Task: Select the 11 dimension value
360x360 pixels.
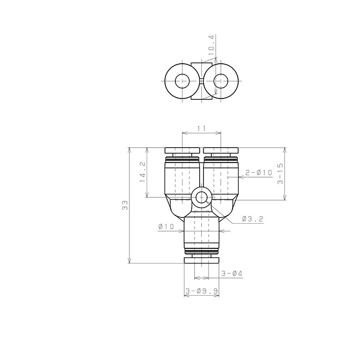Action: click(x=202, y=128)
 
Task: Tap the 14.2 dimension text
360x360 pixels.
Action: click(x=142, y=172)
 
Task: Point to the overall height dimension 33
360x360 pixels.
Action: click(x=125, y=205)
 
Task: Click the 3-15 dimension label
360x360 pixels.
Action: click(x=280, y=174)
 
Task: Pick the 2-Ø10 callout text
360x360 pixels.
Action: click(x=258, y=172)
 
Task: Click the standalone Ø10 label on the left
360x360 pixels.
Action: click(x=166, y=227)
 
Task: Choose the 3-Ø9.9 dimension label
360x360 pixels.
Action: click(x=202, y=291)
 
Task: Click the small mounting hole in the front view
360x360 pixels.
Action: click(x=202, y=197)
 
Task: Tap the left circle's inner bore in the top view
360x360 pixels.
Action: click(x=182, y=81)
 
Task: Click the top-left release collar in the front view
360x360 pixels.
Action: click(x=182, y=150)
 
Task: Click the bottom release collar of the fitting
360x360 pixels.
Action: click(x=202, y=260)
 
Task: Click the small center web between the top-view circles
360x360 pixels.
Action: click(x=202, y=81)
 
